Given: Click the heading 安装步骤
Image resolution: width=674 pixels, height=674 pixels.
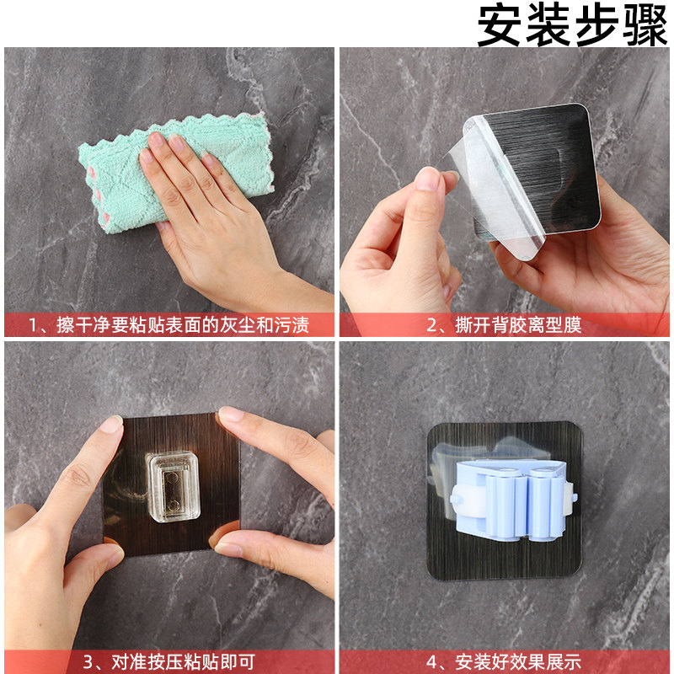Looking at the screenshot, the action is click(573, 25).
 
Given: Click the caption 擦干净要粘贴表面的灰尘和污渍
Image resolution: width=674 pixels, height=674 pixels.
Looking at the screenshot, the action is click(182, 325).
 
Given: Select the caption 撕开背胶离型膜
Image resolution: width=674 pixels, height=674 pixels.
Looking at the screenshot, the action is click(518, 325).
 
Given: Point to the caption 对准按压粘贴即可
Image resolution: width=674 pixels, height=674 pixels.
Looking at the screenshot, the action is click(183, 662).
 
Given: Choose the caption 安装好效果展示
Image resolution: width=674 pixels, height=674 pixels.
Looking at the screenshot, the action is click(518, 662).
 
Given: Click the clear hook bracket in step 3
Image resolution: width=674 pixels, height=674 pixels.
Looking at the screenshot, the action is click(174, 486).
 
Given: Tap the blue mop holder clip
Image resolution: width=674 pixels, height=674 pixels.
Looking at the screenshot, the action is click(514, 499).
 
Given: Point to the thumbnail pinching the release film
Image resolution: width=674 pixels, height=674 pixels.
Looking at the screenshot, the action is click(427, 179).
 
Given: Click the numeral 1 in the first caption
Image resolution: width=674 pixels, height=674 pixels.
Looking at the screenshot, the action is click(32, 325).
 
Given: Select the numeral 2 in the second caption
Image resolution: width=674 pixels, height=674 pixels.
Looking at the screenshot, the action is click(431, 325).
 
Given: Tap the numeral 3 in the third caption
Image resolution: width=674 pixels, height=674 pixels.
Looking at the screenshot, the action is click(88, 662).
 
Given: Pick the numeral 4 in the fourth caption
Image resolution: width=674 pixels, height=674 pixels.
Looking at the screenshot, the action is click(431, 662).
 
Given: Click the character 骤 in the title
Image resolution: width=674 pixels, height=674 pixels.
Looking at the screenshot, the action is click(645, 25).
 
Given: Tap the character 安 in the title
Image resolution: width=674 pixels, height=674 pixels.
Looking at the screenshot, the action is click(500, 25).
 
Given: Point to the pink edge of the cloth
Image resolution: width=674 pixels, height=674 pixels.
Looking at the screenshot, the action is click(270, 155).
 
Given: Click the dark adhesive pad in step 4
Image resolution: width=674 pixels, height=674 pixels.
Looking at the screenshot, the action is click(505, 501).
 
